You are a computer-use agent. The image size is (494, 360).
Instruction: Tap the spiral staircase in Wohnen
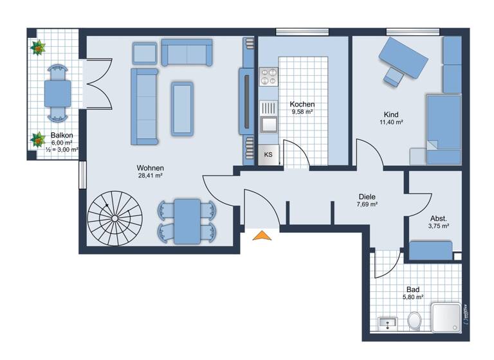point(115,218)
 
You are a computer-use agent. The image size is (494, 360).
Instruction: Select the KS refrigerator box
point(268,155)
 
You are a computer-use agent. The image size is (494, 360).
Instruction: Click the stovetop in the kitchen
point(268,77)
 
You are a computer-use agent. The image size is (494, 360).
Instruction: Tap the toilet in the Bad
point(415,319)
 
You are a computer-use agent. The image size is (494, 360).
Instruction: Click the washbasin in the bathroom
point(387,322)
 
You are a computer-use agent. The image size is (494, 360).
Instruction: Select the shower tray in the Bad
point(446,318)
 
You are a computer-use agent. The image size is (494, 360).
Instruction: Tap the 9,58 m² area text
point(302,112)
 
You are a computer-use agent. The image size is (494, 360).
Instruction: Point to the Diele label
point(367,197)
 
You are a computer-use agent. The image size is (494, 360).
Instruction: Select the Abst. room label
point(438,218)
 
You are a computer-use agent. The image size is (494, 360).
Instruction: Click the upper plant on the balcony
point(38,47)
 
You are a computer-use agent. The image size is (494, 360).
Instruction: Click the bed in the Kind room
point(444,129)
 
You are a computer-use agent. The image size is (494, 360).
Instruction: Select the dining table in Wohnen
point(187,221)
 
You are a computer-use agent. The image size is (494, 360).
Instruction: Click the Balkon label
point(61,136)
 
